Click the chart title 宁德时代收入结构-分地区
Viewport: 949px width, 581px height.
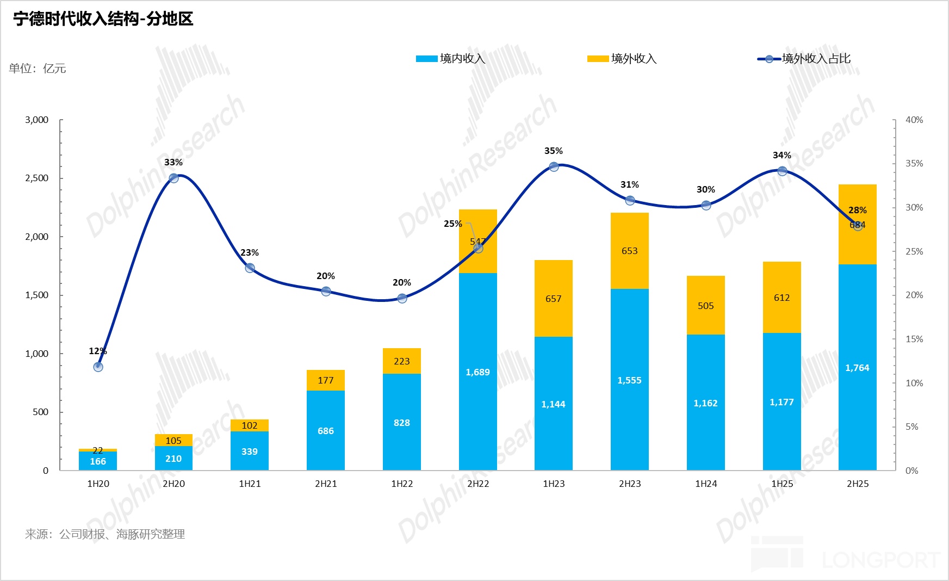[103, 19]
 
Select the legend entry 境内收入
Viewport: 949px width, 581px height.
[451, 59]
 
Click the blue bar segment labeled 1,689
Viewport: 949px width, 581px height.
[477, 372]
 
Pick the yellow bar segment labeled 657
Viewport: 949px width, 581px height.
[553, 298]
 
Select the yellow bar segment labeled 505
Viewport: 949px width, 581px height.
[705, 305]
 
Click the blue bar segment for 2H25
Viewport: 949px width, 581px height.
[857, 368]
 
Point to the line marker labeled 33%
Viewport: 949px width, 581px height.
[173, 178]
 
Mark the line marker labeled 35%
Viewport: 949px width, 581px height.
[554, 166]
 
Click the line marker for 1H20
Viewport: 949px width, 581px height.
[98, 367]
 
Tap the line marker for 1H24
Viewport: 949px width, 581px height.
[706, 205]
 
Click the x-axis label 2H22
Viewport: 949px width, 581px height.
[478, 484]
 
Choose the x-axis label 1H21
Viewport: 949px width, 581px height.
[250, 484]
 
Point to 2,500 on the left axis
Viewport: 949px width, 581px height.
[36, 178]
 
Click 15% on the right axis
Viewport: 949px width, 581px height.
[914, 339]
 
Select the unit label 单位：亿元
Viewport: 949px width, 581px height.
[38, 69]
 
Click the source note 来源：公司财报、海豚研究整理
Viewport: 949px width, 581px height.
[105, 534]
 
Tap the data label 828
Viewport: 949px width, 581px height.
[401, 423]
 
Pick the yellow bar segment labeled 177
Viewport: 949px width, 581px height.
[325, 380]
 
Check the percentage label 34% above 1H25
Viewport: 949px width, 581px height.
[781, 156]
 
